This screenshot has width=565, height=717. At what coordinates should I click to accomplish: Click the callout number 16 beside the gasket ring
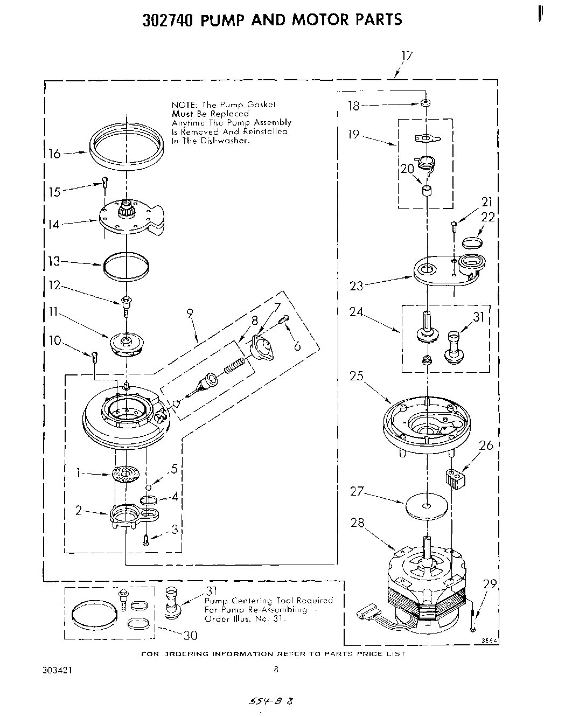click(54, 154)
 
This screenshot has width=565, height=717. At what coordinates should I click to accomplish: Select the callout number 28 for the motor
click(357, 523)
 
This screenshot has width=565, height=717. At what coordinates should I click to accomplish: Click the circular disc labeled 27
click(427, 506)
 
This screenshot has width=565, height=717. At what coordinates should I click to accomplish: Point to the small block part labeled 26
click(456, 479)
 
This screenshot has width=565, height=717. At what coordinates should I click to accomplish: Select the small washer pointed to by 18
click(426, 102)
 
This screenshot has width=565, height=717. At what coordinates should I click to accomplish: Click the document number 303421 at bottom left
click(57, 671)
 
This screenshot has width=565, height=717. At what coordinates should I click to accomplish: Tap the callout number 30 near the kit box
click(190, 636)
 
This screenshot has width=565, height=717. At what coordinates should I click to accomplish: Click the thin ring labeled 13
click(125, 267)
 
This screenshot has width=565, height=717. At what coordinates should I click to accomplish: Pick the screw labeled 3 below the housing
click(145, 540)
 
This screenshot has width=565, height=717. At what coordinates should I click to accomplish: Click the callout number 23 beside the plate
click(357, 286)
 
